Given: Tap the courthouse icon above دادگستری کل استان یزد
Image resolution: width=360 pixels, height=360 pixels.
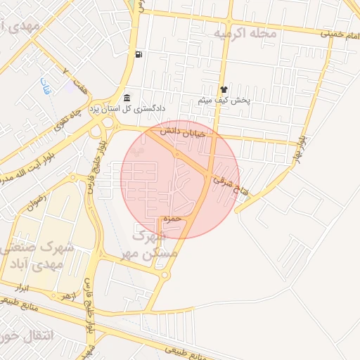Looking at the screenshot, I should pyautogui.click(x=126, y=98).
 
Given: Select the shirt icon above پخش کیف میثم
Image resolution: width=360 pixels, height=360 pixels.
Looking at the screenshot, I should pyautogui.click(x=224, y=90).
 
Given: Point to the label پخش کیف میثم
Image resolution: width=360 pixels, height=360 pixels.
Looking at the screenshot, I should pyautogui.click(x=224, y=101).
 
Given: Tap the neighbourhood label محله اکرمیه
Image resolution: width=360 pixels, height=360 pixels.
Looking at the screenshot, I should pyautogui.click(x=245, y=33).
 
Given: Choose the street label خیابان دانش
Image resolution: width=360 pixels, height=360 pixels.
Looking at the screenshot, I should pyautogui.click(x=181, y=131).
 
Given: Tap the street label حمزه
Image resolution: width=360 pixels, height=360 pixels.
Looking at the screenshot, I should pyautogui.click(x=172, y=219).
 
